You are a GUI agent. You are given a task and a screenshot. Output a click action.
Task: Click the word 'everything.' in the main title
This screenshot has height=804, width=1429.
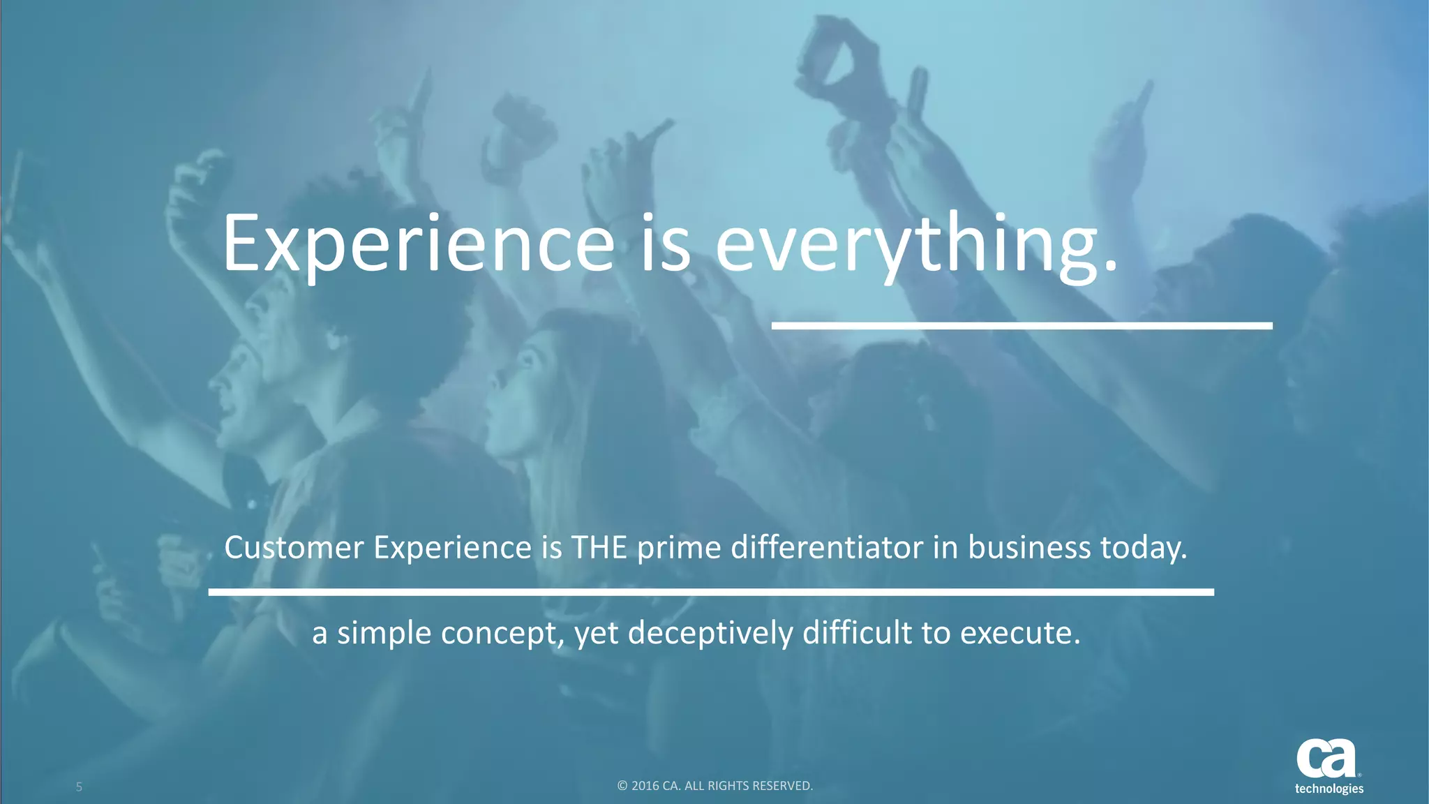(915, 244)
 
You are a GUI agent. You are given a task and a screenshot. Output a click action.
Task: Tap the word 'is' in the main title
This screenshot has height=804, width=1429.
(665, 244)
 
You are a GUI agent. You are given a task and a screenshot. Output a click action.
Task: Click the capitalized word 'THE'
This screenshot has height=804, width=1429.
(599, 548)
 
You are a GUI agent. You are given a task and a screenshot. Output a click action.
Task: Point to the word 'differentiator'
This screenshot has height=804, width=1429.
(827, 548)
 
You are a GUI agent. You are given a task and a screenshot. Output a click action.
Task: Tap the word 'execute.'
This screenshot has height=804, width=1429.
(1019, 633)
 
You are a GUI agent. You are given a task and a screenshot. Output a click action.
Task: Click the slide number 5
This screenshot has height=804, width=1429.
(79, 787)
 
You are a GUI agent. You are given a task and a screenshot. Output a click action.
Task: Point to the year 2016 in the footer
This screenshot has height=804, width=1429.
(645, 786)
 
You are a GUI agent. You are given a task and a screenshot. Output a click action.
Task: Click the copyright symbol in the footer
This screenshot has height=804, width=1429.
(622, 786)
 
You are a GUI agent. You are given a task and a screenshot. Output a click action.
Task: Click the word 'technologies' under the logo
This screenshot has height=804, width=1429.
(1329, 789)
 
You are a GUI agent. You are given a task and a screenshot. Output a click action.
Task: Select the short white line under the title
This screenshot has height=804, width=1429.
(1022, 326)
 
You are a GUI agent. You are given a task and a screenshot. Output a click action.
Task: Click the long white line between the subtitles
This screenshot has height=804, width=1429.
(711, 592)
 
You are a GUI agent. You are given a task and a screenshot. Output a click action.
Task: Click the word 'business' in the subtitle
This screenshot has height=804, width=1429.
(1029, 548)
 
